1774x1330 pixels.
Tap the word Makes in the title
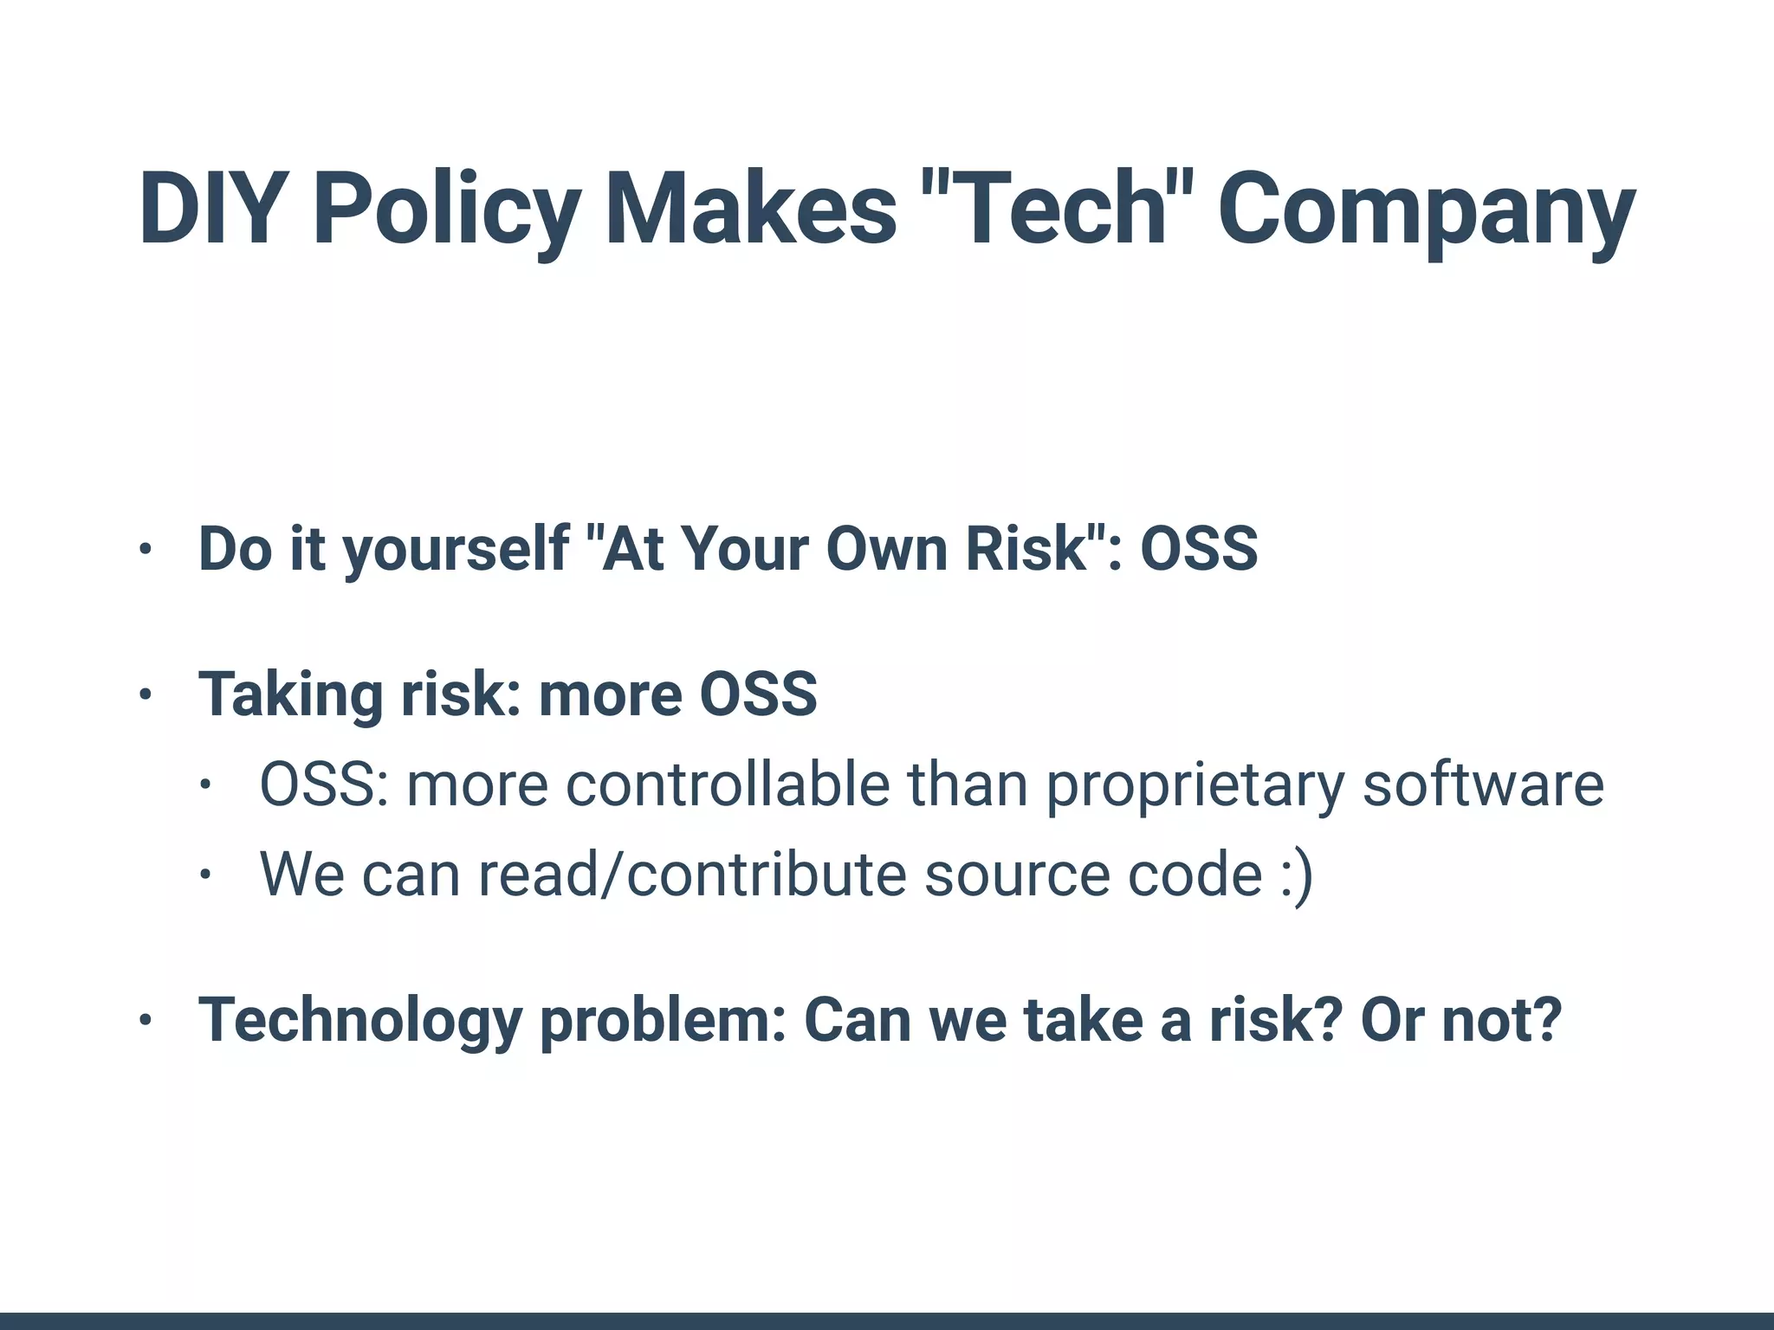750,210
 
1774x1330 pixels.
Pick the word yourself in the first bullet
456,549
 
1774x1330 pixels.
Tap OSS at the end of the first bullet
1199,548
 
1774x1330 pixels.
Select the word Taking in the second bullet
291,694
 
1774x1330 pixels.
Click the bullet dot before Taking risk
146,694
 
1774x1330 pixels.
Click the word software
1483,784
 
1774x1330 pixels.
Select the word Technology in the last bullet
360,1020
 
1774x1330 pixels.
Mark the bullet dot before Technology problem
146,1020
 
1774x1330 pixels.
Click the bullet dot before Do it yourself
146,549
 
